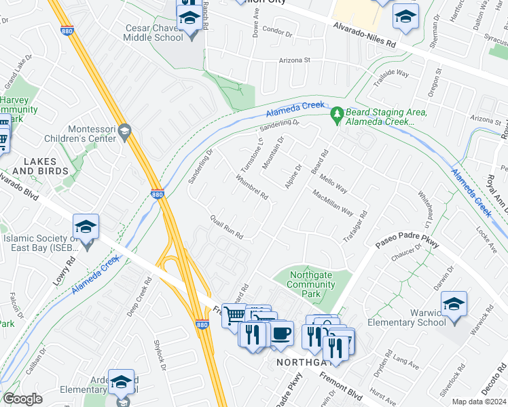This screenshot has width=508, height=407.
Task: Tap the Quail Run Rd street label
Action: click(227, 227)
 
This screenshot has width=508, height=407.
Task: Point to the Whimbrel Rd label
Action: click(252, 188)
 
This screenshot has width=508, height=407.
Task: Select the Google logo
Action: click(22, 399)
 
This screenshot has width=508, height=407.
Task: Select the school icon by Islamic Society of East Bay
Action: click(86, 226)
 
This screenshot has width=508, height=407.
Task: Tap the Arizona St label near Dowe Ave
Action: click(293, 60)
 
